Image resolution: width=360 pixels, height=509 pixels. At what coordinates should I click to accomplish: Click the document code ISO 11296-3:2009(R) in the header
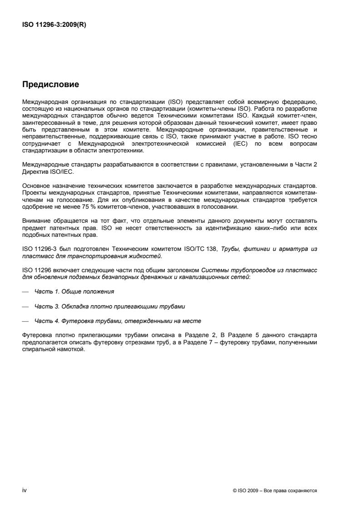[x=54, y=25]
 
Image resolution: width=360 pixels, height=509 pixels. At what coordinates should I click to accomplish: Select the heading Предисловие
[x=51, y=84]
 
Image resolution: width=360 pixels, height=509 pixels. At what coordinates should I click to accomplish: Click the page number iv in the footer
[x=24, y=490]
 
